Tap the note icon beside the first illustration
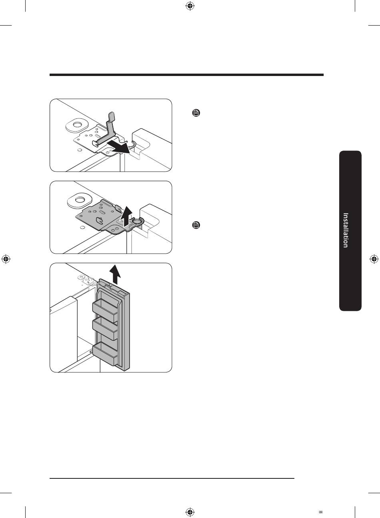pyautogui.click(x=196, y=113)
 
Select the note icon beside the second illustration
pyautogui.click(x=196, y=225)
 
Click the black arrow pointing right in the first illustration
pyautogui.click(x=118, y=147)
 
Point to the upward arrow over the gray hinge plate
pyautogui.click(x=127, y=216)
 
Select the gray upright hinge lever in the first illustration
pyautogui.click(x=106, y=130)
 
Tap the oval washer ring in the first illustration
pyautogui.click(x=77, y=125)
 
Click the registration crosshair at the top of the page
pyautogui.click(x=190, y=6)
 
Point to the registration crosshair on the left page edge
pyautogui.click(x=6, y=259)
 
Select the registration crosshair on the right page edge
pyautogui.click(x=374, y=259)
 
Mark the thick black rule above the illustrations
pyautogui.click(x=186, y=75)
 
